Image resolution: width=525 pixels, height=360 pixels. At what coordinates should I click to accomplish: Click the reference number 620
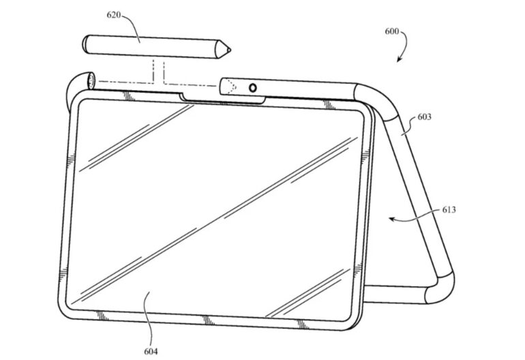[x=113, y=15]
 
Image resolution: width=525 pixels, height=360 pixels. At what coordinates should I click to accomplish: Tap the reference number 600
[x=391, y=31]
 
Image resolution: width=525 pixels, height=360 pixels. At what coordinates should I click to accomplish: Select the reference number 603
[x=424, y=117]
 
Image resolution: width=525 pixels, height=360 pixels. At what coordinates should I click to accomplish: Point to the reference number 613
[x=449, y=209]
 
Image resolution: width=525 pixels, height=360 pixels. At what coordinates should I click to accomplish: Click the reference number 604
[x=151, y=351]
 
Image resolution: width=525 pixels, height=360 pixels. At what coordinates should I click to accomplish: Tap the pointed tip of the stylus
[x=230, y=50]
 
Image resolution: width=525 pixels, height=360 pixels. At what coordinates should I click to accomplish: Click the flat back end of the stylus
[x=85, y=44]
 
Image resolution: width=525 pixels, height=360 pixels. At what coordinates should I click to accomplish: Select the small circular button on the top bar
[x=253, y=88]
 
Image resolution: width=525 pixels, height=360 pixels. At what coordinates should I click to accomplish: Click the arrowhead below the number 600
[x=399, y=59]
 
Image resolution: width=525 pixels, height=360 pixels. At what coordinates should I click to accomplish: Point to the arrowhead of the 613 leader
[x=392, y=219]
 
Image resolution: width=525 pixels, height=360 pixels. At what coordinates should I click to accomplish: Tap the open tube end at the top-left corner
[x=91, y=81]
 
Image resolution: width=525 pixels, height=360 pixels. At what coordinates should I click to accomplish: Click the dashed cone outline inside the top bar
[x=229, y=87]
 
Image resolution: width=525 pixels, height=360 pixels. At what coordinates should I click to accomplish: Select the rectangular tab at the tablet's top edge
[x=223, y=99]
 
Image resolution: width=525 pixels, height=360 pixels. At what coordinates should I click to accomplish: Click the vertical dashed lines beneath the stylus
[x=159, y=71]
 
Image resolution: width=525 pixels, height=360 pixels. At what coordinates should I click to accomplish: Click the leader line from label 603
[x=410, y=126]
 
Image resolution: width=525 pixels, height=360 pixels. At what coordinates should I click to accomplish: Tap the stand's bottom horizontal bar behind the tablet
[x=395, y=295]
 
